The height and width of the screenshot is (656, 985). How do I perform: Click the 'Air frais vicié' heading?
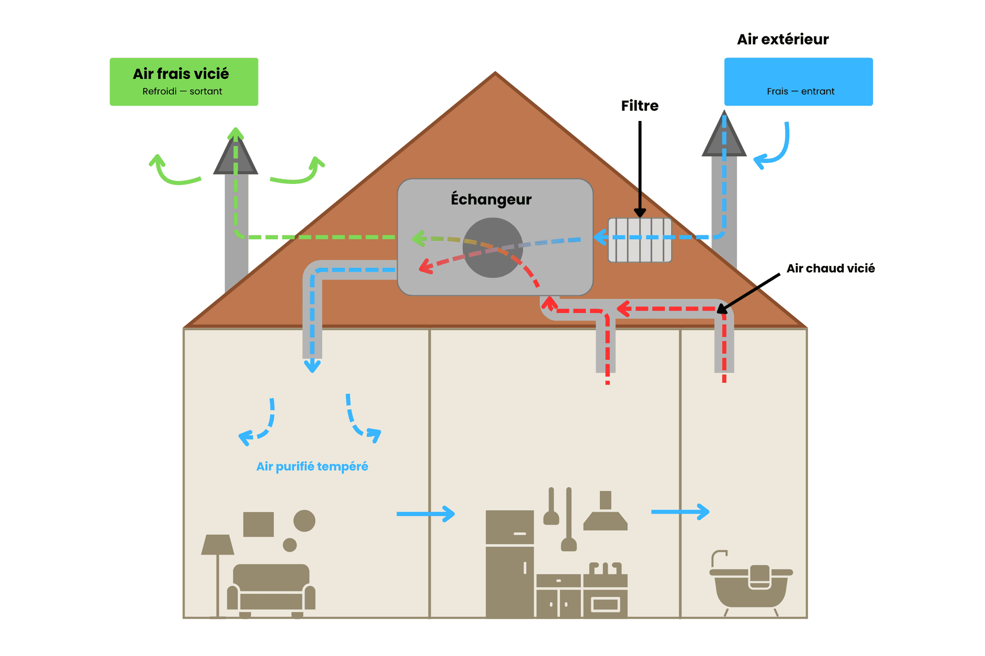point(181,74)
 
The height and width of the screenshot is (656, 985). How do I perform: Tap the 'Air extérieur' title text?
point(782,39)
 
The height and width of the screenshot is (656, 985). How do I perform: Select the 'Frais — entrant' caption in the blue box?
point(800,91)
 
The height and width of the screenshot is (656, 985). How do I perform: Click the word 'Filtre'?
point(639,106)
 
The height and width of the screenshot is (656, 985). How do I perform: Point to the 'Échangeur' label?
point(491,199)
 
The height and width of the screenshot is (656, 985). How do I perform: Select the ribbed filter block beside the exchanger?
point(640,240)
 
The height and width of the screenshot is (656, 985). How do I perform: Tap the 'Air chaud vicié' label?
point(830,269)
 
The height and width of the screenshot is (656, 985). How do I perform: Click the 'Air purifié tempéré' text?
point(312,466)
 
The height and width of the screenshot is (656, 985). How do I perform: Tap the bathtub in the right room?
point(751,584)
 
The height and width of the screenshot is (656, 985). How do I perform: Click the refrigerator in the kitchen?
point(509,564)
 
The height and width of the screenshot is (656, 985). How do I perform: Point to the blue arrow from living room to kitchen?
point(425,514)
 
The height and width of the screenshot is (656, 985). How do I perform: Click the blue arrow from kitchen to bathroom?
point(680,511)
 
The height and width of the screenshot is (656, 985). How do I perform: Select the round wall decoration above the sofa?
point(304,521)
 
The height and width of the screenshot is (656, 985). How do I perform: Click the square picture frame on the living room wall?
point(258,524)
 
